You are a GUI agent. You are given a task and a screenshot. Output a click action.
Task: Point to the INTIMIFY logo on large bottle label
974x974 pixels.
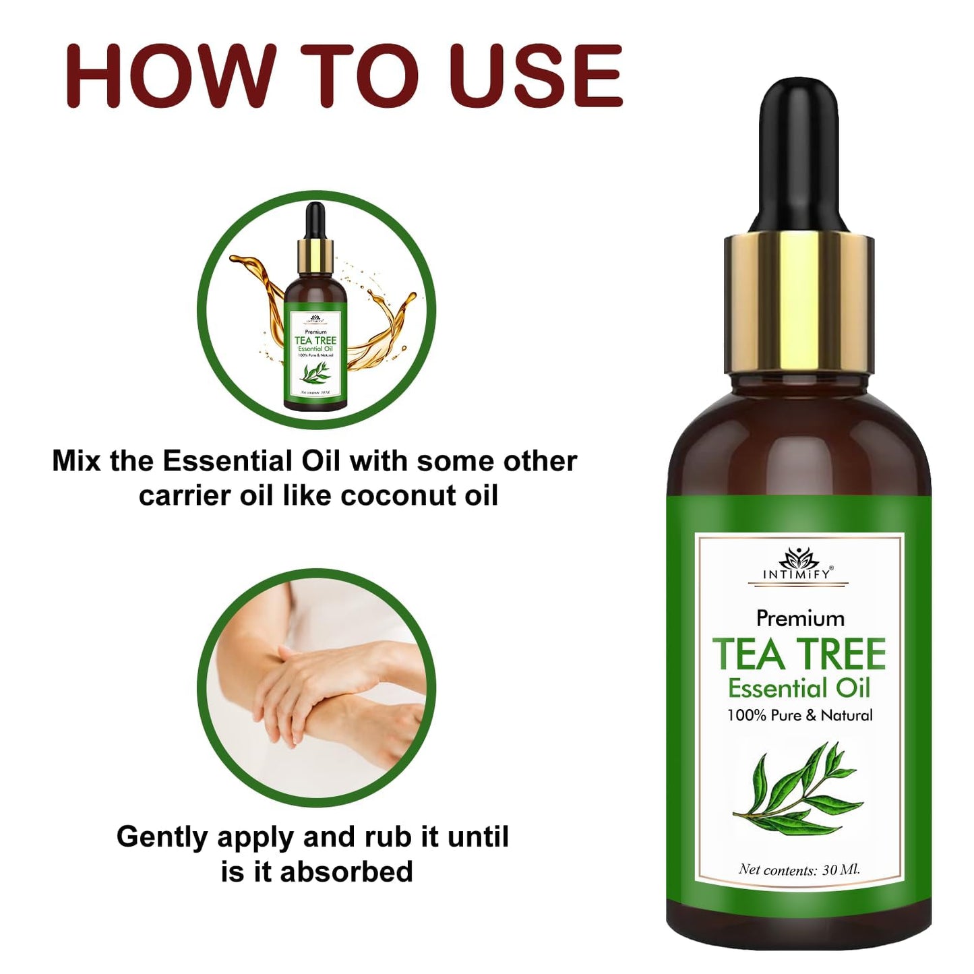(799, 566)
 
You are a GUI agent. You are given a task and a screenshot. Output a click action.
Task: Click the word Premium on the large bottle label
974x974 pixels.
(800, 618)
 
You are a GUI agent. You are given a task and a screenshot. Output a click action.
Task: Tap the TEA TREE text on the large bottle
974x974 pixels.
(799, 654)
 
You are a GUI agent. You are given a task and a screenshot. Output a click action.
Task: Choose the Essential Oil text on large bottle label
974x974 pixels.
(799, 688)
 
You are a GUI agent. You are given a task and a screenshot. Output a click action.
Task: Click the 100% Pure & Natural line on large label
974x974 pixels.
(799, 715)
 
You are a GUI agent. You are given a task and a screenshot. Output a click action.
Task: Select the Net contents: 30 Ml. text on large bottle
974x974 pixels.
(799, 870)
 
